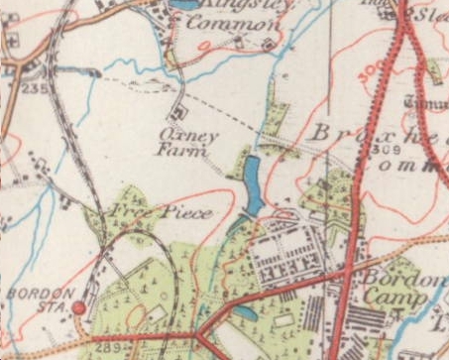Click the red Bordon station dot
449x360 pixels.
(78, 308)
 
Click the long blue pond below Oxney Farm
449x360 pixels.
(254, 185)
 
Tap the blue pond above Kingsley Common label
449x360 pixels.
(186, 4)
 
